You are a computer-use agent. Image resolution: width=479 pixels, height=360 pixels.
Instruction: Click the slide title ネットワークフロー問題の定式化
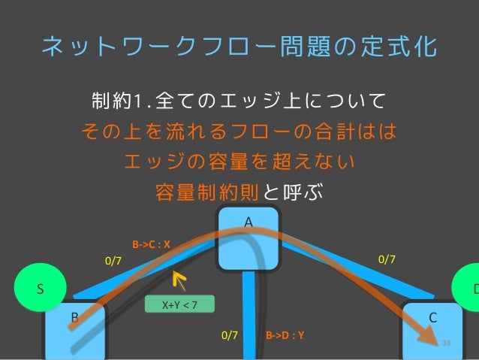point(239,47)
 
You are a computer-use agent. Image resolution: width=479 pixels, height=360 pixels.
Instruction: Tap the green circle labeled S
point(42,289)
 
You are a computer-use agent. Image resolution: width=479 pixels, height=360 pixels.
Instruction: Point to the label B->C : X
point(152,244)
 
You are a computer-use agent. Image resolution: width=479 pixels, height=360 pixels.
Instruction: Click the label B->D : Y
point(285,335)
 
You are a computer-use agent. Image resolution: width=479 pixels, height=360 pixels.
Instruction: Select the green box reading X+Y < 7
point(180,304)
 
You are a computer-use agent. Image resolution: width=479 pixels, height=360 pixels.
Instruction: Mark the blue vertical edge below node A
point(249,316)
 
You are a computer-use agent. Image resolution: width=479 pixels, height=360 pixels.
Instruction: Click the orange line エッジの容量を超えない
point(239,162)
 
